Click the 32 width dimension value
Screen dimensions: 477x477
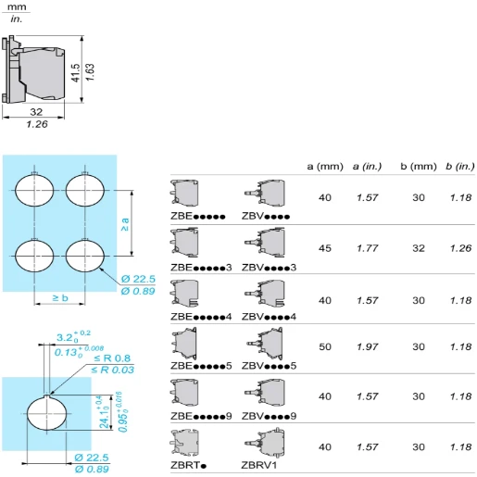tap(36, 111)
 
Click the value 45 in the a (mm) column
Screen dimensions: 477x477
tap(325, 248)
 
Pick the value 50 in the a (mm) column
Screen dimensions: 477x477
tap(325, 346)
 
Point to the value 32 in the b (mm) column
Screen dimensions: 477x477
tap(418, 248)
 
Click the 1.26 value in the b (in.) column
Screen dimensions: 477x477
tap(459, 248)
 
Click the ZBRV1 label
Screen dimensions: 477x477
tap(259, 465)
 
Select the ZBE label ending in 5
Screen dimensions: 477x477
tap(201, 366)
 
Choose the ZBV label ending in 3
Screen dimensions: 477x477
tap(270, 267)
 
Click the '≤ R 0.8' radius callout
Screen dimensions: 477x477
tap(111, 358)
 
